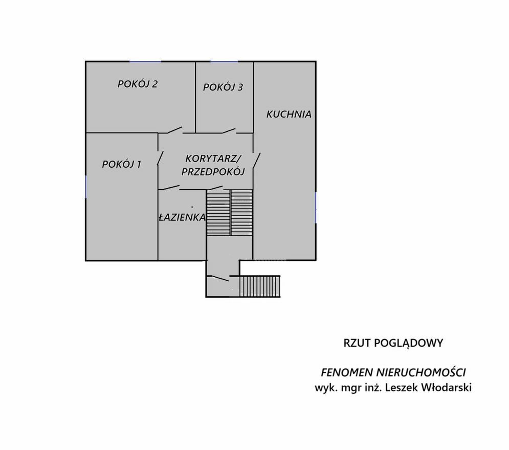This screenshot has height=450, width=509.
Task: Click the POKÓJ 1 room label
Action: [x=122, y=164]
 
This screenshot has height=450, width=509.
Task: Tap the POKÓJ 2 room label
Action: [x=138, y=84]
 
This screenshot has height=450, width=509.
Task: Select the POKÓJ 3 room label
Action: [x=223, y=87]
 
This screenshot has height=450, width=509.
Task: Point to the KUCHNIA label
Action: [x=289, y=114]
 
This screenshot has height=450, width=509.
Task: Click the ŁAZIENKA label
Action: [x=183, y=217]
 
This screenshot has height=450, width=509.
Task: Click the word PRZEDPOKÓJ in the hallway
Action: [x=213, y=172]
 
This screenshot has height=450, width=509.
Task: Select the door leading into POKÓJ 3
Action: [x=229, y=130]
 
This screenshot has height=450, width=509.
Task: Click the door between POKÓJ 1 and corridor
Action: [x=160, y=159]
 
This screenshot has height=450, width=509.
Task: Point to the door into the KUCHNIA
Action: [x=257, y=160]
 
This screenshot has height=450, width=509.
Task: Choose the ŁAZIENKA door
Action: [x=171, y=187]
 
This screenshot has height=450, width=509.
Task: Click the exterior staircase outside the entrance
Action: [x=260, y=286]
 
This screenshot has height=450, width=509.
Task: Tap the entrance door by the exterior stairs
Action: [x=220, y=278]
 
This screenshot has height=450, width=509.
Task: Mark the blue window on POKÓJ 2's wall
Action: [x=145, y=61]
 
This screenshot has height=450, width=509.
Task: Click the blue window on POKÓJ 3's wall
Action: [x=224, y=61]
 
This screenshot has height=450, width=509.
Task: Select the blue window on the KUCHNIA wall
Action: [x=316, y=207]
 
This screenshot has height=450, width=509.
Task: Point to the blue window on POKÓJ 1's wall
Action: [x=86, y=187]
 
